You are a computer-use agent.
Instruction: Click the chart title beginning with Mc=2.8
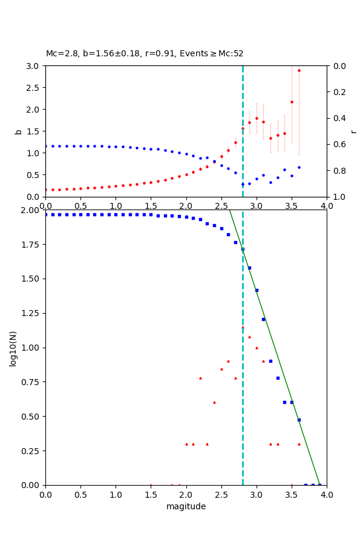[145, 54]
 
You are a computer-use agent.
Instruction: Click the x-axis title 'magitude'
[186, 506]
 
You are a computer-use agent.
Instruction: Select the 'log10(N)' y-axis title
[13, 348]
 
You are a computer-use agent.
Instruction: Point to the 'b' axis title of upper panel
[18, 131]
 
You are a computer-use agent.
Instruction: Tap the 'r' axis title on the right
[354, 131]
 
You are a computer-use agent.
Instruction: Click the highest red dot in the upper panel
[299, 70]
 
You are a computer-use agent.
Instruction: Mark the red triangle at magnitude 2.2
[200, 378]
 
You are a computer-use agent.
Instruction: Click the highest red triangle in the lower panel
[243, 328]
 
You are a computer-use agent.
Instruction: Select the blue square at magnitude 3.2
[270, 361]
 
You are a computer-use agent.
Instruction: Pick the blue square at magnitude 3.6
[299, 420]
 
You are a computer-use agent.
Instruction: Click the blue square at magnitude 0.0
[45, 214]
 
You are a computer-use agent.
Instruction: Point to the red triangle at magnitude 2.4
[214, 402]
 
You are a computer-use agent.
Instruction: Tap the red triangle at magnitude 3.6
[299, 444]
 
